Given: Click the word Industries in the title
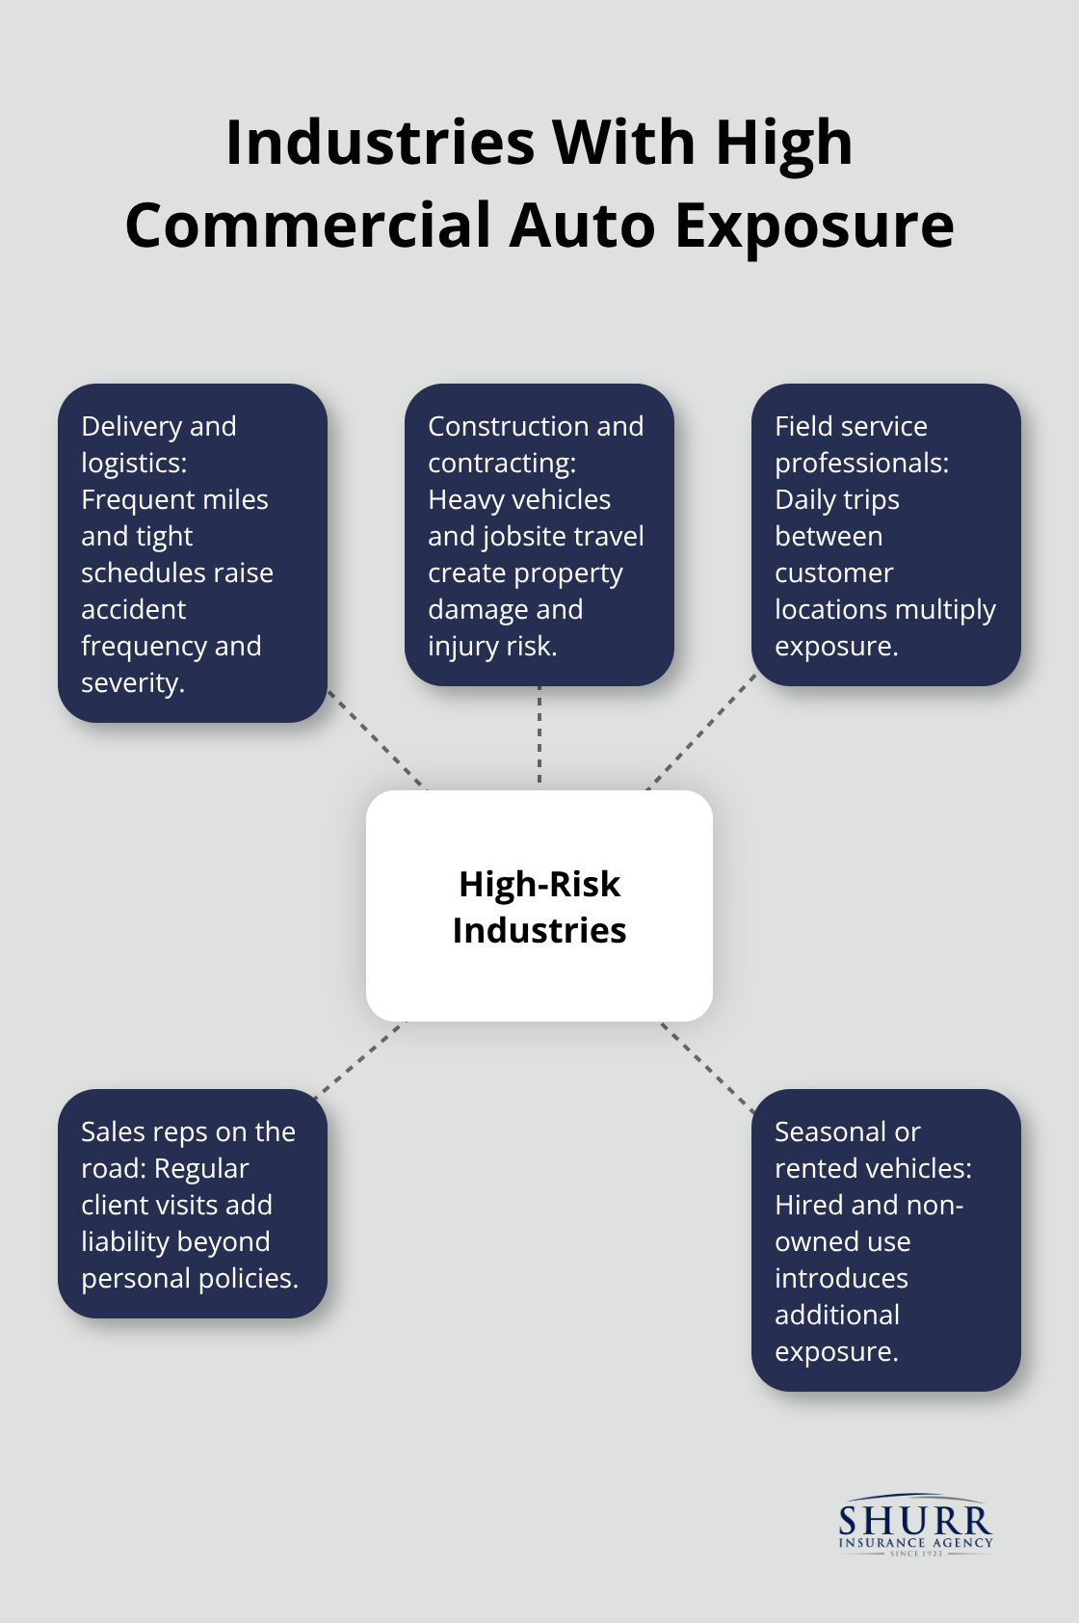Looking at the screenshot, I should click(380, 143).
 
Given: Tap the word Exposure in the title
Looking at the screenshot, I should click(814, 226).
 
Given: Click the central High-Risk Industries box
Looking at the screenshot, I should click(539, 906).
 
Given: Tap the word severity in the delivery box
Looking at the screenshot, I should click(132, 683).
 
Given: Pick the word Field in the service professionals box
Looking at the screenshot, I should click(802, 426).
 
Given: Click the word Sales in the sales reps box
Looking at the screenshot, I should click(112, 1131).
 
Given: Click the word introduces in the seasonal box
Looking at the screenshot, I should click(841, 1278).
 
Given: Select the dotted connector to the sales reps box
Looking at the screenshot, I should click(360, 1057).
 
